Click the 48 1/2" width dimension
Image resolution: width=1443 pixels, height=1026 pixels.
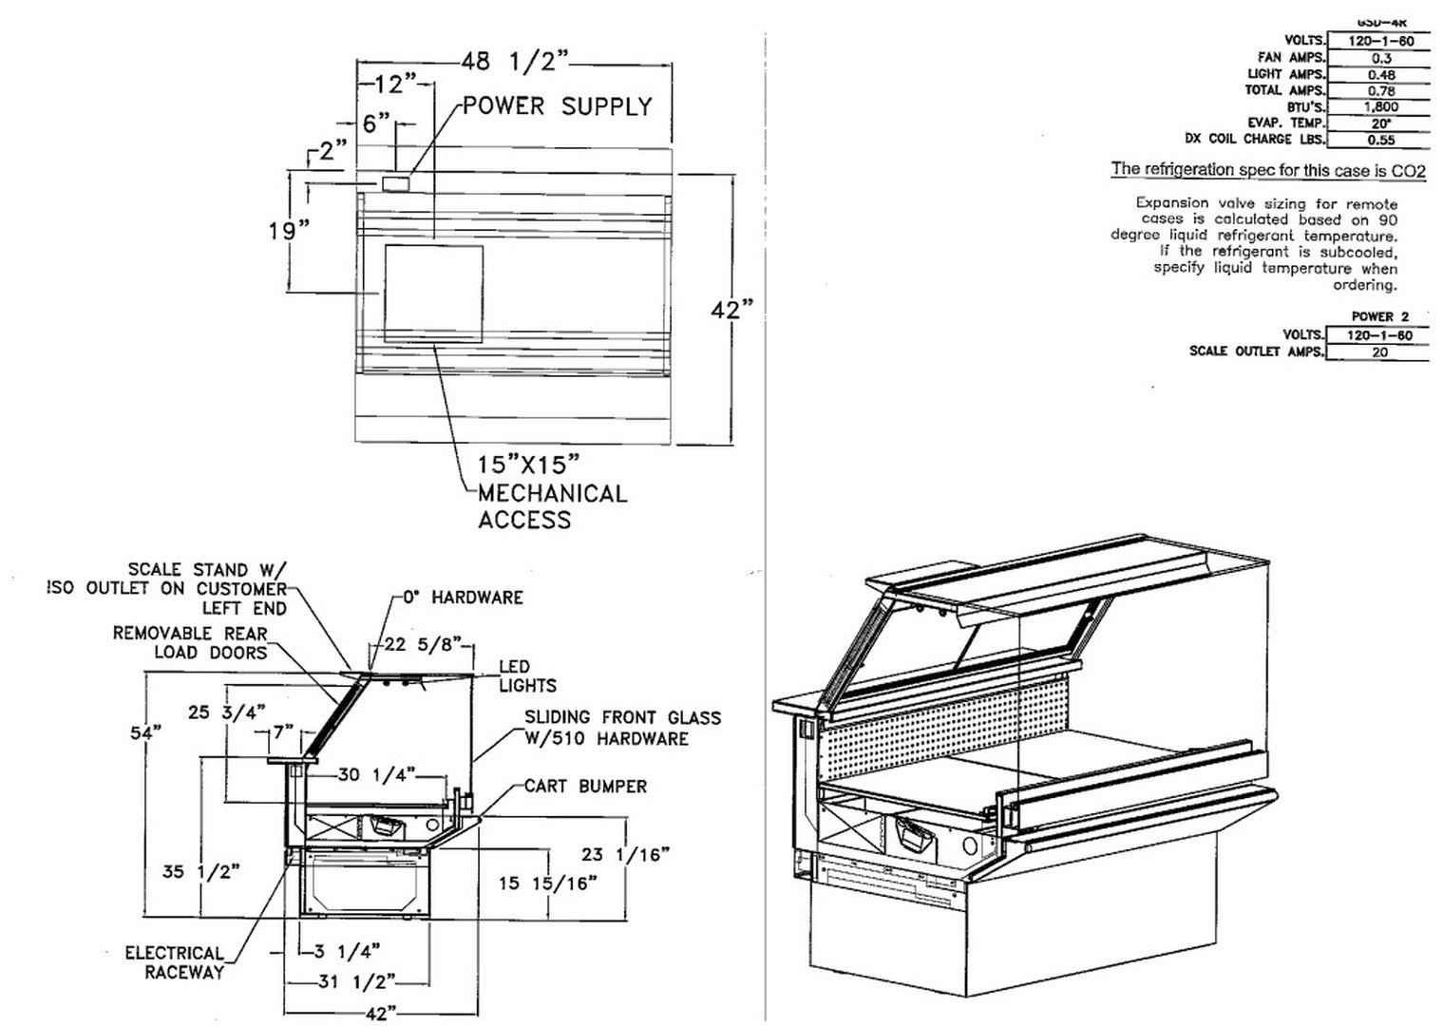coord(514,62)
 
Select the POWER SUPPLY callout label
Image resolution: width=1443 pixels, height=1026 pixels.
coord(557,106)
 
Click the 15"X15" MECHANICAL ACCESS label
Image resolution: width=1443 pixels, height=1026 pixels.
coord(551,492)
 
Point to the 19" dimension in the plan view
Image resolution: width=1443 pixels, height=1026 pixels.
coord(288,230)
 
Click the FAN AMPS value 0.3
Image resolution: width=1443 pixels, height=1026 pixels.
coord(1380,58)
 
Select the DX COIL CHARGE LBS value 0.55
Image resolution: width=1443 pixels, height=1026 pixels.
coord(1380,140)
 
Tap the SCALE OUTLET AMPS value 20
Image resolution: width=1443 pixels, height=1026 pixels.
coord(1379,352)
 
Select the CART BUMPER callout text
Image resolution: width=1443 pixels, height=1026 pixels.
coord(585,787)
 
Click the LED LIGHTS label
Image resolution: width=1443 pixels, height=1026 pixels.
coord(527,675)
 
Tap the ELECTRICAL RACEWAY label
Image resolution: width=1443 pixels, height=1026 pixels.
coord(175,962)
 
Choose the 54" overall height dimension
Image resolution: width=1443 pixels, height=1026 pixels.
coord(145,732)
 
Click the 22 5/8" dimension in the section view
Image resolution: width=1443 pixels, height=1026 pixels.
coord(421,645)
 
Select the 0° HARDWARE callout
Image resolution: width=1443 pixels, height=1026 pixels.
coord(463,598)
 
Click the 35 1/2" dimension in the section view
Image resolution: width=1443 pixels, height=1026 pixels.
coord(199,870)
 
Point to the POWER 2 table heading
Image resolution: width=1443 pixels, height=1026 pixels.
coord(1379,316)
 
